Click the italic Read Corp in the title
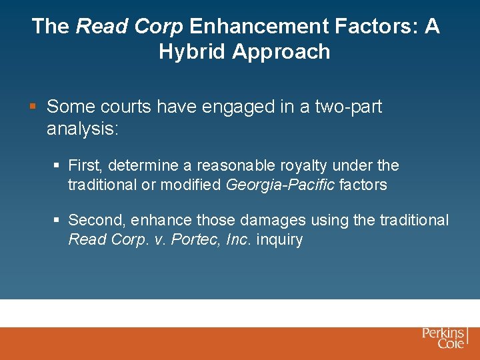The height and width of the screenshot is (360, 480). click(129, 27)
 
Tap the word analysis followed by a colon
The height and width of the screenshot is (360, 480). click(82, 129)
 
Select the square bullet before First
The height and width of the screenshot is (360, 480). click(57, 165)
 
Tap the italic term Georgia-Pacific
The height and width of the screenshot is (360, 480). click(280, 185)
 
